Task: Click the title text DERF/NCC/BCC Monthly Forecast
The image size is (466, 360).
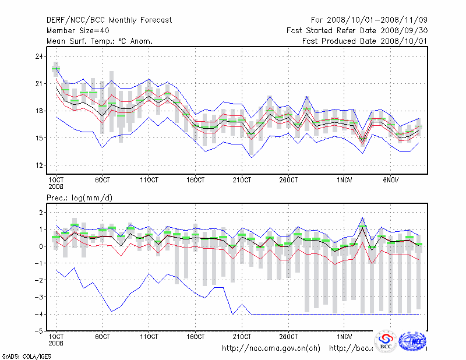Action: click(x=109, y=20)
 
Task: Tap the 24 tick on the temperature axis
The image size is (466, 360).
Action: click(x=40, y=57)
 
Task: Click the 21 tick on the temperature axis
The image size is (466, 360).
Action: click(x=40, y=84)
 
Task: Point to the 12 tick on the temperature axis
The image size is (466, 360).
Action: click(x=40, y=165)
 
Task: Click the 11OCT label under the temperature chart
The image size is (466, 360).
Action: click(x=149, y=179)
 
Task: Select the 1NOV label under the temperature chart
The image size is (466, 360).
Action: click(x=345, y=179)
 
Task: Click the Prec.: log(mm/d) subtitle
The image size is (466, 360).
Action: click(x=79, y=198)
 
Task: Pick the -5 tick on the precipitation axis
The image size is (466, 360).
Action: click(x=40, y=331)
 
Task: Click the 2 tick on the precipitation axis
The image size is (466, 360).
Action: click(x=41, y=213)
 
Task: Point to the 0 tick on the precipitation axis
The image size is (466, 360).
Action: click(x=41, y=246)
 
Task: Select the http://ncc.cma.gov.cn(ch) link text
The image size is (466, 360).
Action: click(x=271, y=348)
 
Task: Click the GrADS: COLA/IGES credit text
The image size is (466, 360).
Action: click(x=26, y=355)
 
